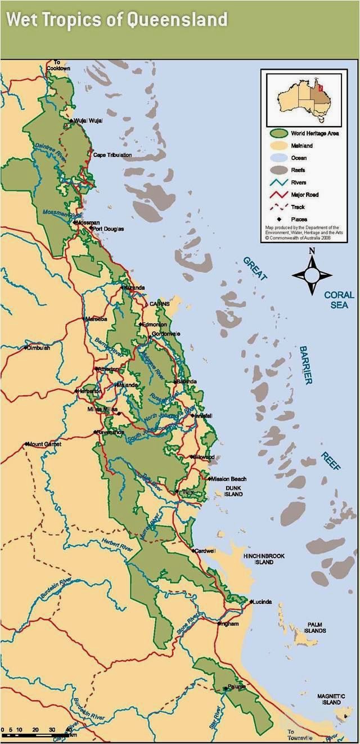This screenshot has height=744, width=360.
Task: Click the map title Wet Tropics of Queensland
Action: (117, 21)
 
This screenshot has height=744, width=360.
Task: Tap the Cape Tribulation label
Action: (112, 155)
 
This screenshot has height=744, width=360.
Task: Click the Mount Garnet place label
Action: (44, 444)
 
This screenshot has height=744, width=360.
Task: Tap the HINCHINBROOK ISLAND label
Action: (264, 559)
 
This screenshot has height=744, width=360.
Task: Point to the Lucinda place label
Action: (262, 602)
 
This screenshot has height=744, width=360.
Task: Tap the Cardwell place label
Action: (205, 550)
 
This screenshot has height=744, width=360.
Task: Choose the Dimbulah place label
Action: (39, 348)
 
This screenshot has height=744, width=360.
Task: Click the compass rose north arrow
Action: (312, 259)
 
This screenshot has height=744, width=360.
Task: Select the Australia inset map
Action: (301, 97)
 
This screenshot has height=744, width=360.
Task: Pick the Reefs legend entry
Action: (298, 170)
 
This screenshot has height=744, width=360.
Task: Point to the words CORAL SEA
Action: (339, 300)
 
